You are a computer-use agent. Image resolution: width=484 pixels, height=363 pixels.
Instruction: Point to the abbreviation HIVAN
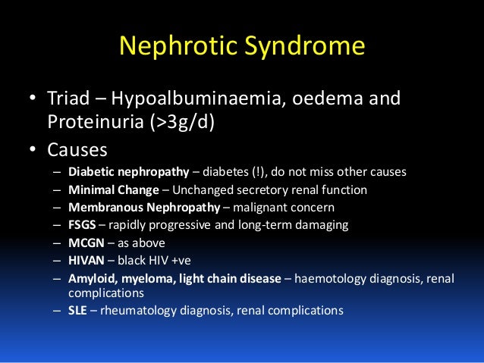(x=86, y=260)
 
